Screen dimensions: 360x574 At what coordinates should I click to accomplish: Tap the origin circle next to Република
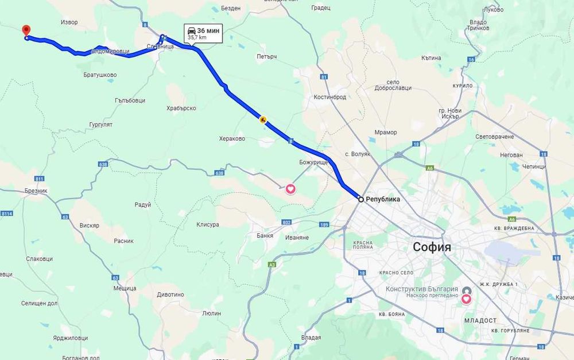[x=361, y=199]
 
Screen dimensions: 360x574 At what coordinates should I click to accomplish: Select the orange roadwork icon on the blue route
[x=262, y=119]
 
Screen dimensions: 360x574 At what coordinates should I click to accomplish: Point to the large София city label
[x=432, y=247]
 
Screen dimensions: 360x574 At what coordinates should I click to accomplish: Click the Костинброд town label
[x=330, y=97]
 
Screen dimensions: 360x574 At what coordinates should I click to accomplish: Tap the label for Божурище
[x=313, y=162]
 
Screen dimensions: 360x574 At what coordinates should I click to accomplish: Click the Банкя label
[x=265, y=235]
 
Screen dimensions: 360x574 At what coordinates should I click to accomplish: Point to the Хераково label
[x=232, y=138]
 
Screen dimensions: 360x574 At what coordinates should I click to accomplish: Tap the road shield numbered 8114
[x=6, y=214]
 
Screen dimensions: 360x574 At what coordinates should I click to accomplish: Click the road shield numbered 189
[x=324, y=224]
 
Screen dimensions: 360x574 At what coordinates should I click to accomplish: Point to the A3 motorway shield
[x=272, y=264]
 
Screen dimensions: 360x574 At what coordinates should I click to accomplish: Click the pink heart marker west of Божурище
[x=290, y=188]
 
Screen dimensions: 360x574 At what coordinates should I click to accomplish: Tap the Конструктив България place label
[x=422, y=289]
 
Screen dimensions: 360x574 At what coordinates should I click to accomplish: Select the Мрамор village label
[x=385, y=133]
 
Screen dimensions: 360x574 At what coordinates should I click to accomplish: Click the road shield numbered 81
[x=324, y=77]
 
